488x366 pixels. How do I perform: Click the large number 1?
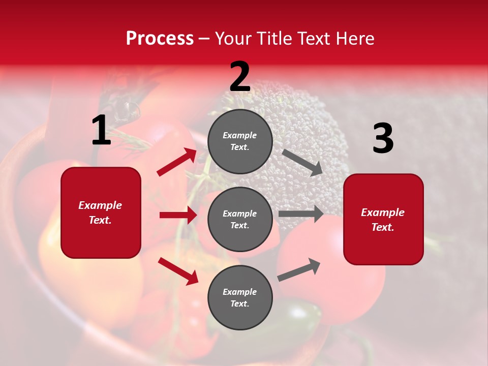(101, 131)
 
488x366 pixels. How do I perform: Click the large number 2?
(240, 77)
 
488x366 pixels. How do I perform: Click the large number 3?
(383, 139)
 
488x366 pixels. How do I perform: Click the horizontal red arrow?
(178, 215)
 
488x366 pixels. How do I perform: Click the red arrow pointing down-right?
(178, 271)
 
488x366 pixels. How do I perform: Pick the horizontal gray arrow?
(301, 213)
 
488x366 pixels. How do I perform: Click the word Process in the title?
(160, 38)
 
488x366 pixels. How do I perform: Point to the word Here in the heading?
(356, 38)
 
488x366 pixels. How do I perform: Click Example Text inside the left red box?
(100, 212)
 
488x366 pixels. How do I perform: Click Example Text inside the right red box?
(383, 220)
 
